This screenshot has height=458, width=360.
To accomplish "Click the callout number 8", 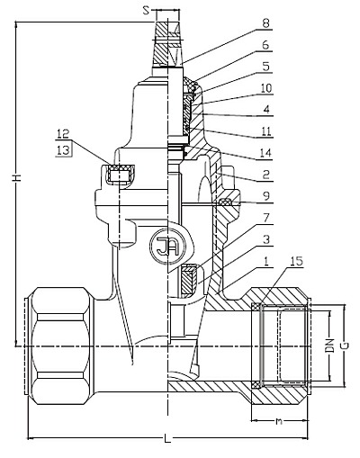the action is pos(265,23).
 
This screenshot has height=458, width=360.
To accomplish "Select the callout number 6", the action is pos(265,45).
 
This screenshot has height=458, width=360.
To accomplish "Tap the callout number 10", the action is pos(265,88).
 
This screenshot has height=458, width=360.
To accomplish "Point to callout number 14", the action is pos(265,153).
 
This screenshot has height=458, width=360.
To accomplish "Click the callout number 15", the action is pos(297,261).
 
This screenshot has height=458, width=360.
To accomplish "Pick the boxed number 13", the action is pos(64,149).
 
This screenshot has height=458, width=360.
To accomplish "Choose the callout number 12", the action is pos(63,134).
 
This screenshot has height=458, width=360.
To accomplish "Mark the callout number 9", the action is pos(265,196).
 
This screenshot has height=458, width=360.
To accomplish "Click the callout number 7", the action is pos(265,218).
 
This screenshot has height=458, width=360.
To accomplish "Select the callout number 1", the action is pos(265,261).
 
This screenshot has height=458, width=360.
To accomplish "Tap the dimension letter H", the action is pos(17,178).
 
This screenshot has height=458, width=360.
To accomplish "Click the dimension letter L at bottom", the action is pos(167,439).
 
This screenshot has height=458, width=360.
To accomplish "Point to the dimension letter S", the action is pos(146,11).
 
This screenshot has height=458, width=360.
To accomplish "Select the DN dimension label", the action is pos(330,346).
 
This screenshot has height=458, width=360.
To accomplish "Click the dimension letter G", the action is pos(346,346).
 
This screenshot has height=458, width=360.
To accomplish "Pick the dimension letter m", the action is pos(279,421).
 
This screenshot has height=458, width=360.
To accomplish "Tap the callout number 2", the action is pos(265,175).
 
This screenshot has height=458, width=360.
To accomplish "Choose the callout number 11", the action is pos(265,131).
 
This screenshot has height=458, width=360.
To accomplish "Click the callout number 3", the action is pos(265,239).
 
